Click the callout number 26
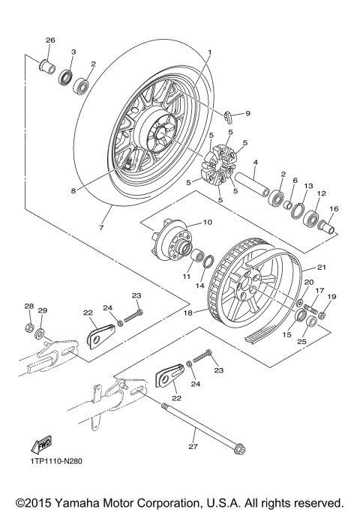click(51, 40)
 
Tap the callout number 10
click(207, 223)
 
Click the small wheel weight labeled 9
click(229, 116)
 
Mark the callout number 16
click(333, 210)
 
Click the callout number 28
click(28, 306)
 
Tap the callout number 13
click(307, 185)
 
